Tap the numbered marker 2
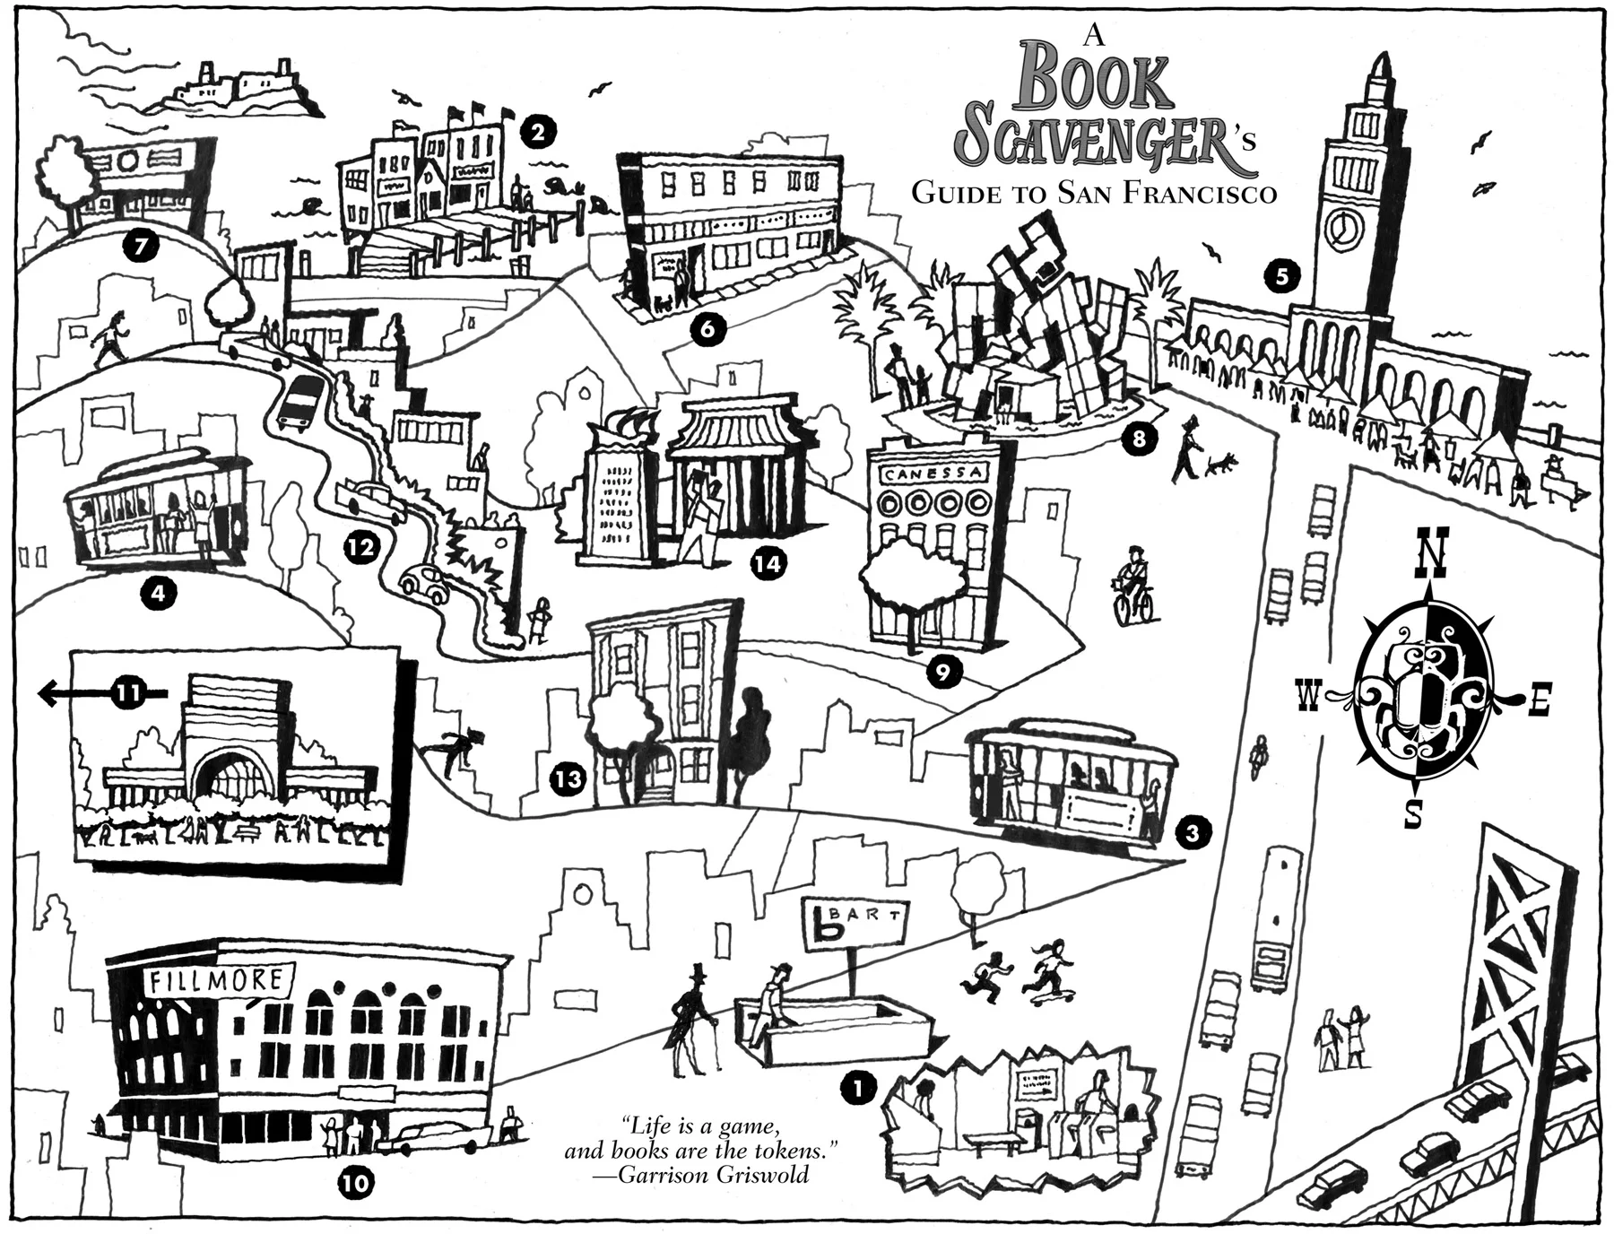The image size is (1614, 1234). [x=537, y=133]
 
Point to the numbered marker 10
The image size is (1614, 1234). [x=356, y=1183]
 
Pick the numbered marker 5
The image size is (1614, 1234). [x=1281, y=275]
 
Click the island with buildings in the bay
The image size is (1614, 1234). [x=235, y=90]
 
